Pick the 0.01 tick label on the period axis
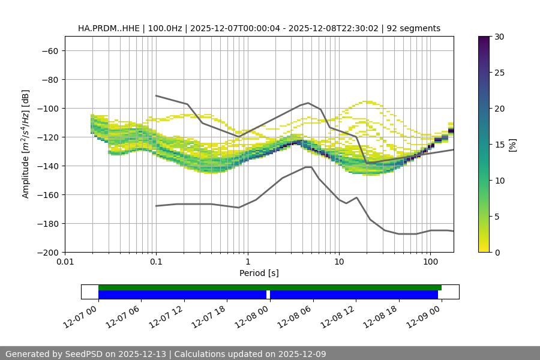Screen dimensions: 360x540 pyautogui.click(x=65, y=262)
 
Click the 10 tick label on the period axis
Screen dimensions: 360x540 pyautogui.click(x=339, y=262)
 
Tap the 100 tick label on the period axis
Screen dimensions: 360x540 pyautogui.click(x=430, y=262)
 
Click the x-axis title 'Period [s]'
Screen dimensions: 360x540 pyautogui.click(x=259, y=273)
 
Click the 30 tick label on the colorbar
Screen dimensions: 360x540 pyautogui.click(x=499, y=37)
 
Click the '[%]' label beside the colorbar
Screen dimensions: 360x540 pyautogui.click(x=512, y=145)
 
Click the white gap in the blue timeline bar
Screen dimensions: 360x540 pyautogui.click(x=268, y=295)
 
